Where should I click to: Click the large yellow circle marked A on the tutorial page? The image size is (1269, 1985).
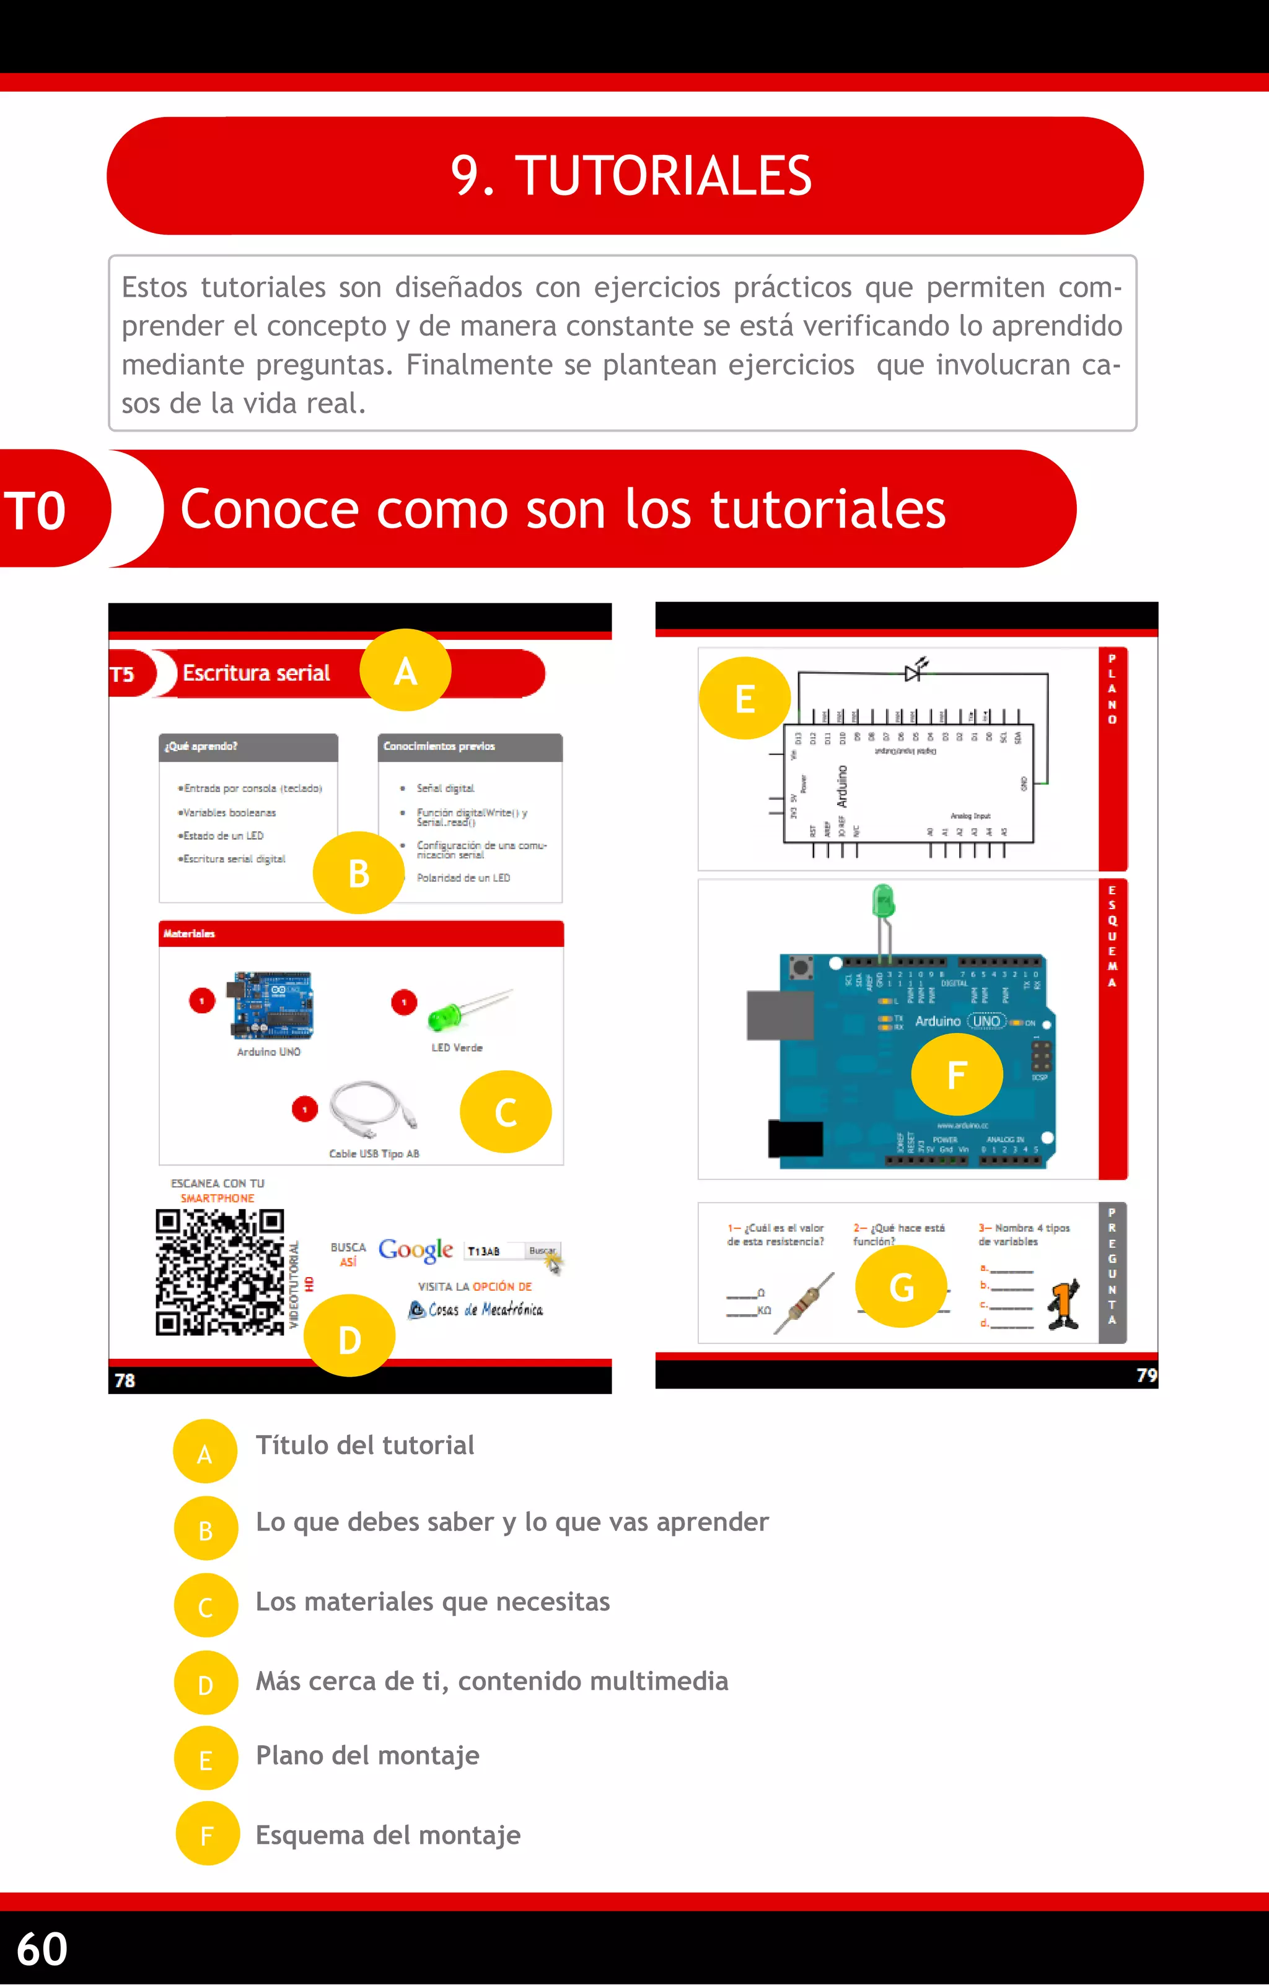(405, 671)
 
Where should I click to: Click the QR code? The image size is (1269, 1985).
(220, 1272)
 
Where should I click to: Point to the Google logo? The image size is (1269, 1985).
(416, 1250)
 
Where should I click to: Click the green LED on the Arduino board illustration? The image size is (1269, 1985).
(883, 902)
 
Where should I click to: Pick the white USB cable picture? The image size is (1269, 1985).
(374, 1109)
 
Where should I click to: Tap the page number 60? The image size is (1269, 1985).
(42, 1948)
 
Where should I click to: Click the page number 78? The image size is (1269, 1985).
(125, 1380)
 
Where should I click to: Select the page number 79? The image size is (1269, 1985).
(1146, 1375)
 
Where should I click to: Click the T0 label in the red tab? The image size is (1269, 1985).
(35, 510)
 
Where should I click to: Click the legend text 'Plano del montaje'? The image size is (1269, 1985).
(367, 1756)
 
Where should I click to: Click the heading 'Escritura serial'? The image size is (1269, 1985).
(256, 673)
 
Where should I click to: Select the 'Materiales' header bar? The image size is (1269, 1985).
(361, 933)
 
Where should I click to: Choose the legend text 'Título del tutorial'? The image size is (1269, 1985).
(364, 1445)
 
